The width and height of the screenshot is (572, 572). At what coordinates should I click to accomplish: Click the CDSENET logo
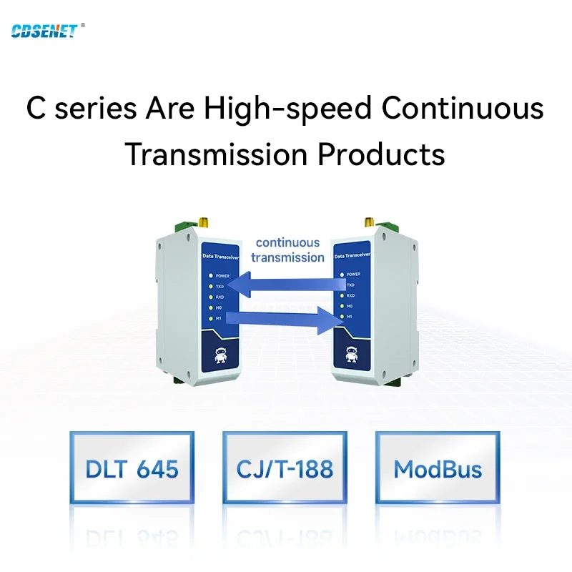coord(44,31)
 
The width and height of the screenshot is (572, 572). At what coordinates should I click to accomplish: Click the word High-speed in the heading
coord(288,109)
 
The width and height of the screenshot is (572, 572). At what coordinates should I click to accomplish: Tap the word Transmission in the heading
coord(217,154)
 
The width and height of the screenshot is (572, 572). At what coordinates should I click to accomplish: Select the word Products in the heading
coord(381,154)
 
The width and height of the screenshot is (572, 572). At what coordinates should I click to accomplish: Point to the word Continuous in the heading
coord(463,108)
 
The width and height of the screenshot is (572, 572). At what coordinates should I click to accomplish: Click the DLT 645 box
coord(132,468)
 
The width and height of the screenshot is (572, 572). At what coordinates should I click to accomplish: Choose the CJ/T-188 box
coord(285,468)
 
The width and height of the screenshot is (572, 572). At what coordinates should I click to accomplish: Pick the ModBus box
coord(438,468)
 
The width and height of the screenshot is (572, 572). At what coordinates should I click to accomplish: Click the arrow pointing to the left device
coord(286,284)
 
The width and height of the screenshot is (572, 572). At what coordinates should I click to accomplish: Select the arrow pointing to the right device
coord(285,320)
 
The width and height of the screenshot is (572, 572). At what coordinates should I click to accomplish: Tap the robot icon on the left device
coord(220,355)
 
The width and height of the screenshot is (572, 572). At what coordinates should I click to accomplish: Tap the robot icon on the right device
coord(351,354)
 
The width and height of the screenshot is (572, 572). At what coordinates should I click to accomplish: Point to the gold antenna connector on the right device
coord(370,222)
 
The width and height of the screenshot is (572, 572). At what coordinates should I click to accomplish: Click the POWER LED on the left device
coord(210,275)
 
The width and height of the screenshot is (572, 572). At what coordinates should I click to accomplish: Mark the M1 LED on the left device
coord(210,318)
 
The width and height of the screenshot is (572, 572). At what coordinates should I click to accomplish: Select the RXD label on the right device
coord(350,295)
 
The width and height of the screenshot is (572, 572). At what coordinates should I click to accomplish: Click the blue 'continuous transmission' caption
coord(287,250)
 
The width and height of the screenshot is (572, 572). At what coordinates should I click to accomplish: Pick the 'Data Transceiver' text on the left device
coord(221,257)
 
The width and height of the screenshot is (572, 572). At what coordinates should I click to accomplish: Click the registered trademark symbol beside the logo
coord(83,25)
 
